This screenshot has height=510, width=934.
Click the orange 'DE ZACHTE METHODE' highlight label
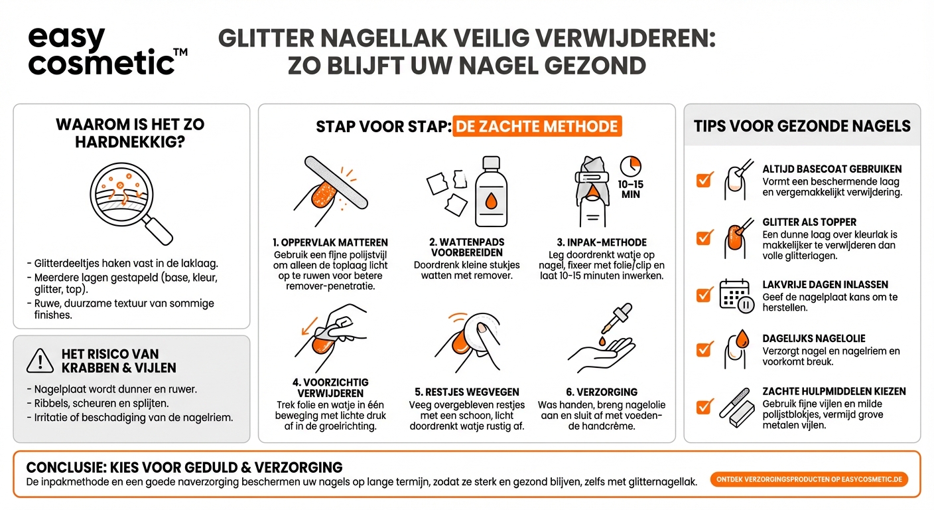tap(537, 126)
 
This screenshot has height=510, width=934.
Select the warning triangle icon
tap(40, 361)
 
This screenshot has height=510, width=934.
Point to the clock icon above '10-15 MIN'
tap(630, 166)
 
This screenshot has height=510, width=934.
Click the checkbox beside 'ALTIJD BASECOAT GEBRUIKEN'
tap(704, 179)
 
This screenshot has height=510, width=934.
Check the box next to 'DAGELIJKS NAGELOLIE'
tap(704, 349)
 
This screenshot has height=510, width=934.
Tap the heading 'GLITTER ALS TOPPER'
tap(809, 222)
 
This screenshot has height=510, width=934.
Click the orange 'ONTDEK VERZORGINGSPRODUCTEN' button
tap(809, 479)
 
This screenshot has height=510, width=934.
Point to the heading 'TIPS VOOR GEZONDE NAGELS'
tap(802, 126)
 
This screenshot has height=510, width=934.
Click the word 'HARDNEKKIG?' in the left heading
tap(131, 141)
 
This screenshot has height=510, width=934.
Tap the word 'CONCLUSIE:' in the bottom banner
tap(63, 467)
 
